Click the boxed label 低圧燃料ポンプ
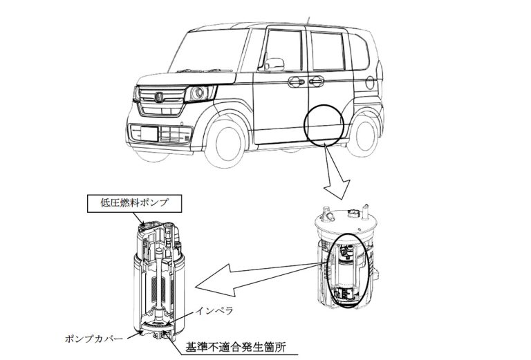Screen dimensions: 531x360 134,203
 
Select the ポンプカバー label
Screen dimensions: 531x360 94,339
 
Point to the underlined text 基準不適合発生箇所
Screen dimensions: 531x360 236,347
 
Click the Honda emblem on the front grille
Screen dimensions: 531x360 158,97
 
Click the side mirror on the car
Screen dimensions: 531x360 274,64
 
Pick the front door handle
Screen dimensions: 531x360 297,82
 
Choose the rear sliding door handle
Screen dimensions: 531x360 316,81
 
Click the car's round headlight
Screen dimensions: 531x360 198,93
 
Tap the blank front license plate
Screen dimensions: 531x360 149,133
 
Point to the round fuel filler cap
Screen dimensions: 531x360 370,83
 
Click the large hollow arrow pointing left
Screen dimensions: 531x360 257,277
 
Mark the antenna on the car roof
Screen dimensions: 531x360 308,20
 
